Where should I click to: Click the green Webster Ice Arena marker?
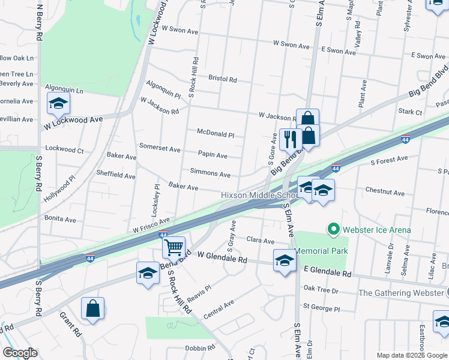click(333, 229)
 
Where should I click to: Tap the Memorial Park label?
click(319, 250)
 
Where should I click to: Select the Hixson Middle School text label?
click(259, 195)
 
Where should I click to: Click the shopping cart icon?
click(173, 246)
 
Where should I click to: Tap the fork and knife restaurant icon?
click(290, 139)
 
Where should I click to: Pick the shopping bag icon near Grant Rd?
click(92, 308)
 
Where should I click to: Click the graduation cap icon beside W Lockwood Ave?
click(58, 104)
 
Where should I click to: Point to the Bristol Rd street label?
click(223, 79)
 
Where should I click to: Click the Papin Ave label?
click(212, 155)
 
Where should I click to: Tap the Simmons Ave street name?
click(210, 175)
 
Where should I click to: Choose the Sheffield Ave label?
click(116, 175)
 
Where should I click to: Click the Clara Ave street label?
click(261, 239)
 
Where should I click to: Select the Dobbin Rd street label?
click(200, 348)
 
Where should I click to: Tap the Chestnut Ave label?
click(385, 193)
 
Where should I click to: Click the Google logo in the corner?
click(20, 353)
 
